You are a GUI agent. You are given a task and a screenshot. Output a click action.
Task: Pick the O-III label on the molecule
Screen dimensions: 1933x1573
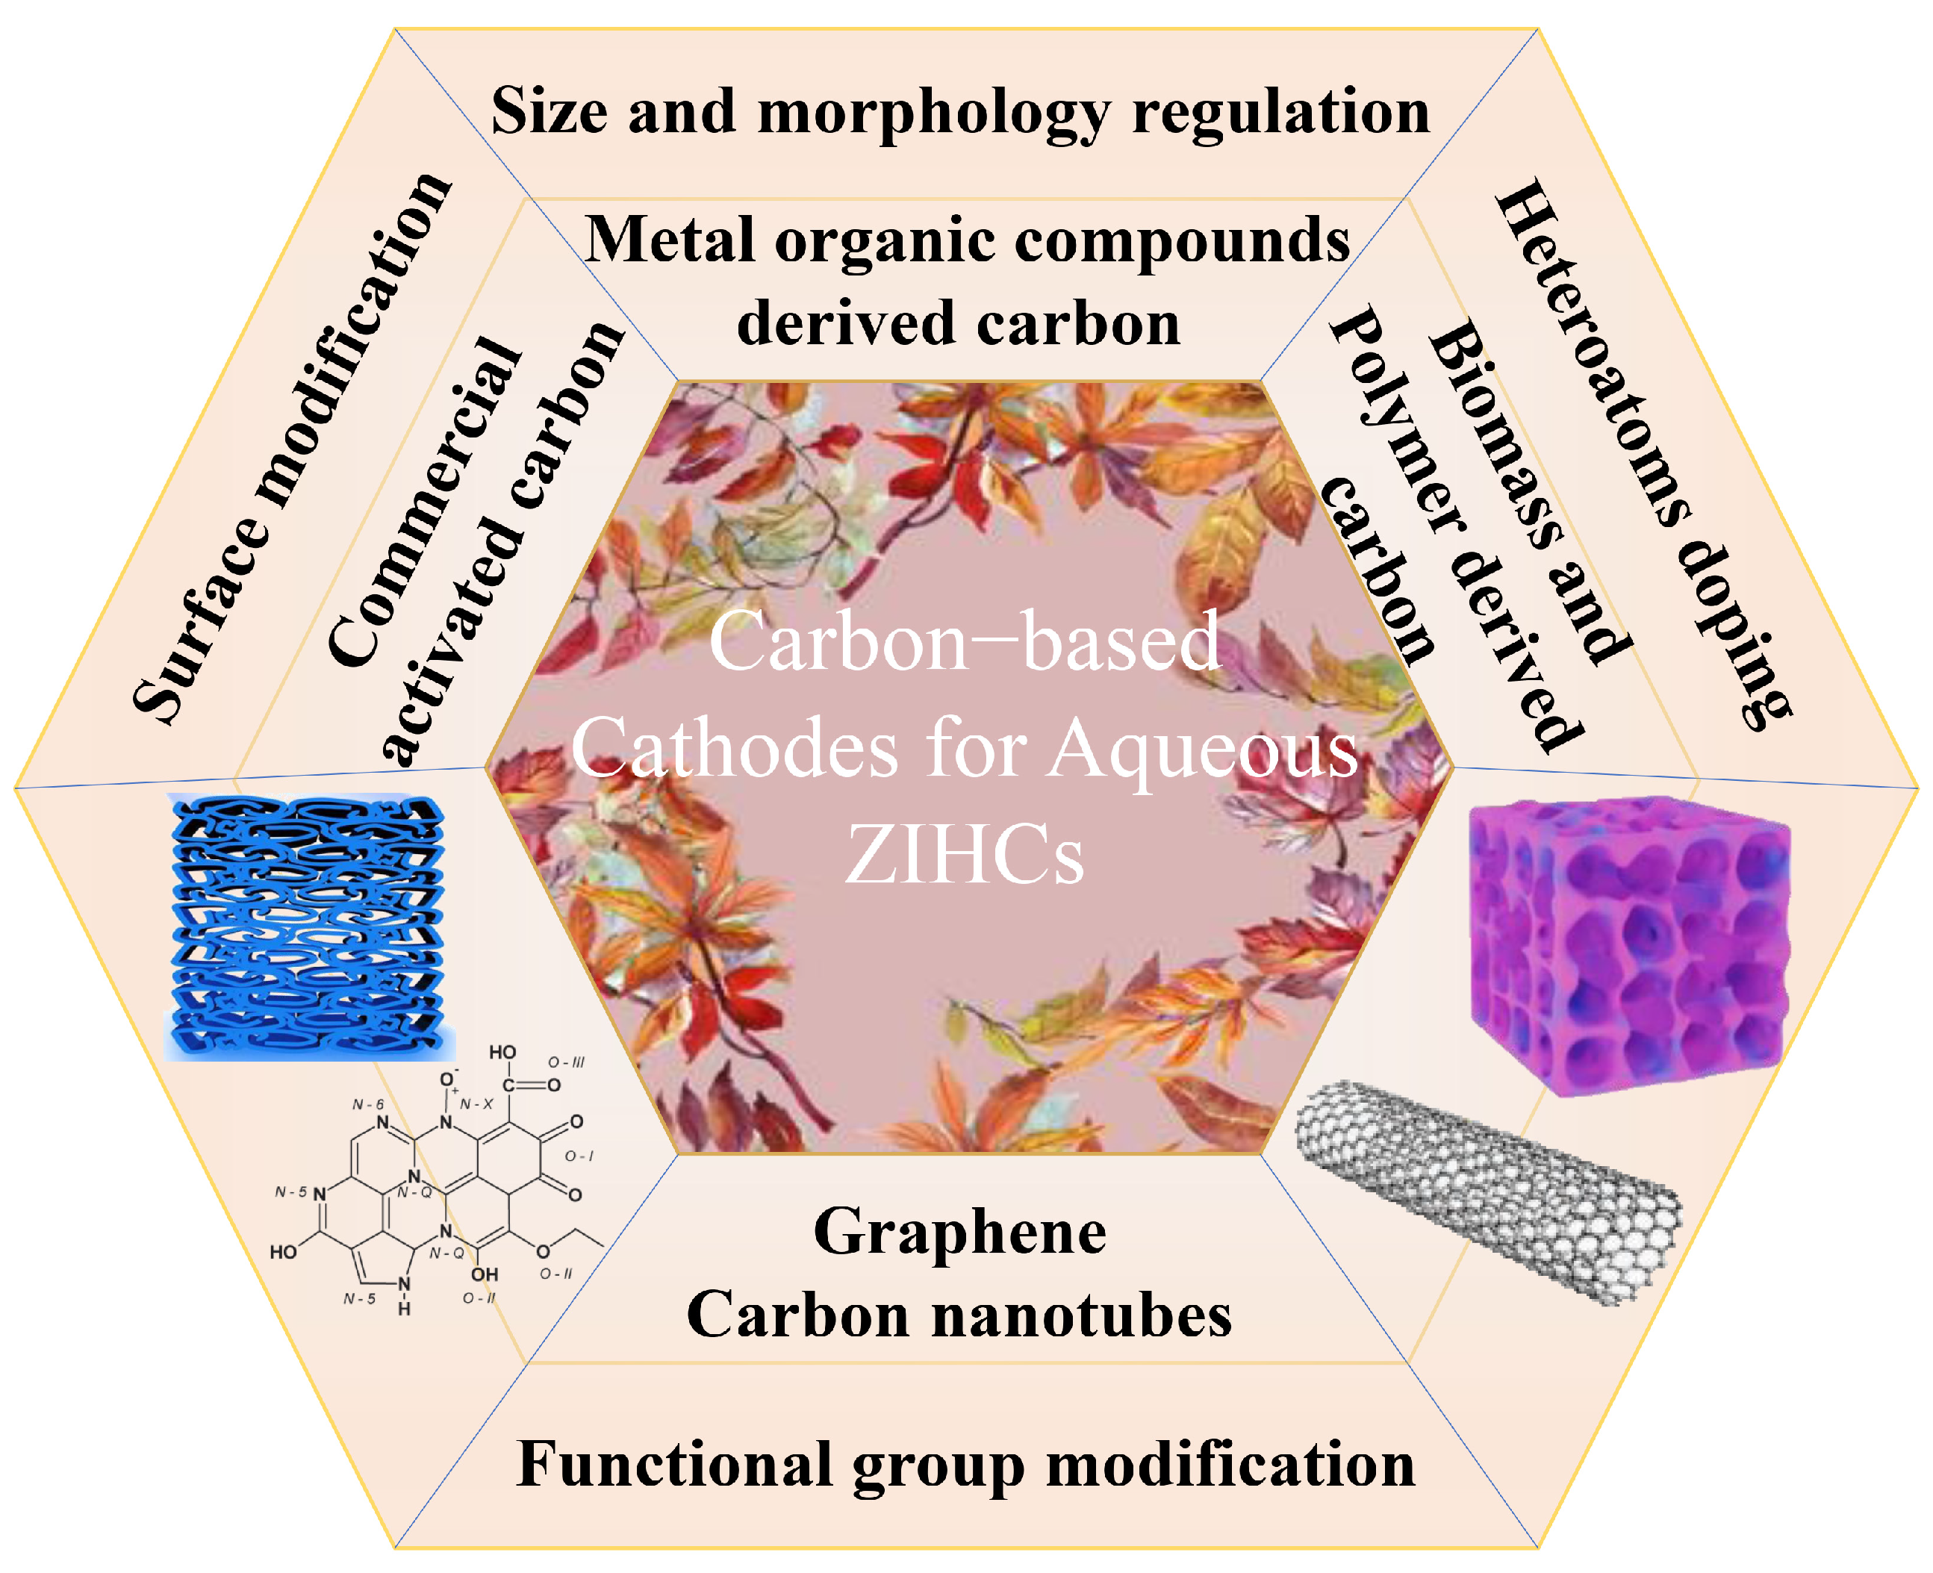567,1062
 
